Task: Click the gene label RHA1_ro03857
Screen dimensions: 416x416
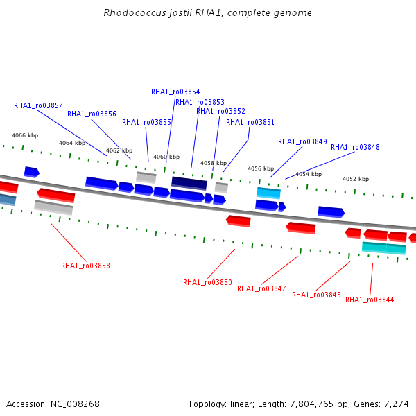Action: (38, 105)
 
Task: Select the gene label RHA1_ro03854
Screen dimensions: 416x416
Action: (175, 92)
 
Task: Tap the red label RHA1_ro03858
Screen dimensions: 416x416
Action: (85, 266)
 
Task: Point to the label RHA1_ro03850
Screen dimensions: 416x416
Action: (207, 282)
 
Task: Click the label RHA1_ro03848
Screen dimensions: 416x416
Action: (355, 147)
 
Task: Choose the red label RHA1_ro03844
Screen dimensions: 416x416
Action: (370, 300)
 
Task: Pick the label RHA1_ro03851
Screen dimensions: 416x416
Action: (250, 122)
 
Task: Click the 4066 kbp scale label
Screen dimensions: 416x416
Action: (25, 135)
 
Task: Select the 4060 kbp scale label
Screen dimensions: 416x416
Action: (166, 157)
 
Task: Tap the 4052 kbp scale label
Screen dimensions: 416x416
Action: (356, 179)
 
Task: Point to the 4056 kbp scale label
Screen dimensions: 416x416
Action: (261, 168)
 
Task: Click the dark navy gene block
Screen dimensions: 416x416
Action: (189, 183)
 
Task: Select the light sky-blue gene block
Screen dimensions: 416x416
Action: (268, 193)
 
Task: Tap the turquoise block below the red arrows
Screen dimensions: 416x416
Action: (383, 248)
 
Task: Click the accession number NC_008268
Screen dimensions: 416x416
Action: (75, 404)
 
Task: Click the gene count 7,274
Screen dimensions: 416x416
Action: (397, 404)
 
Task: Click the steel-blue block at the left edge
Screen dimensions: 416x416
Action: (8, 200)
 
